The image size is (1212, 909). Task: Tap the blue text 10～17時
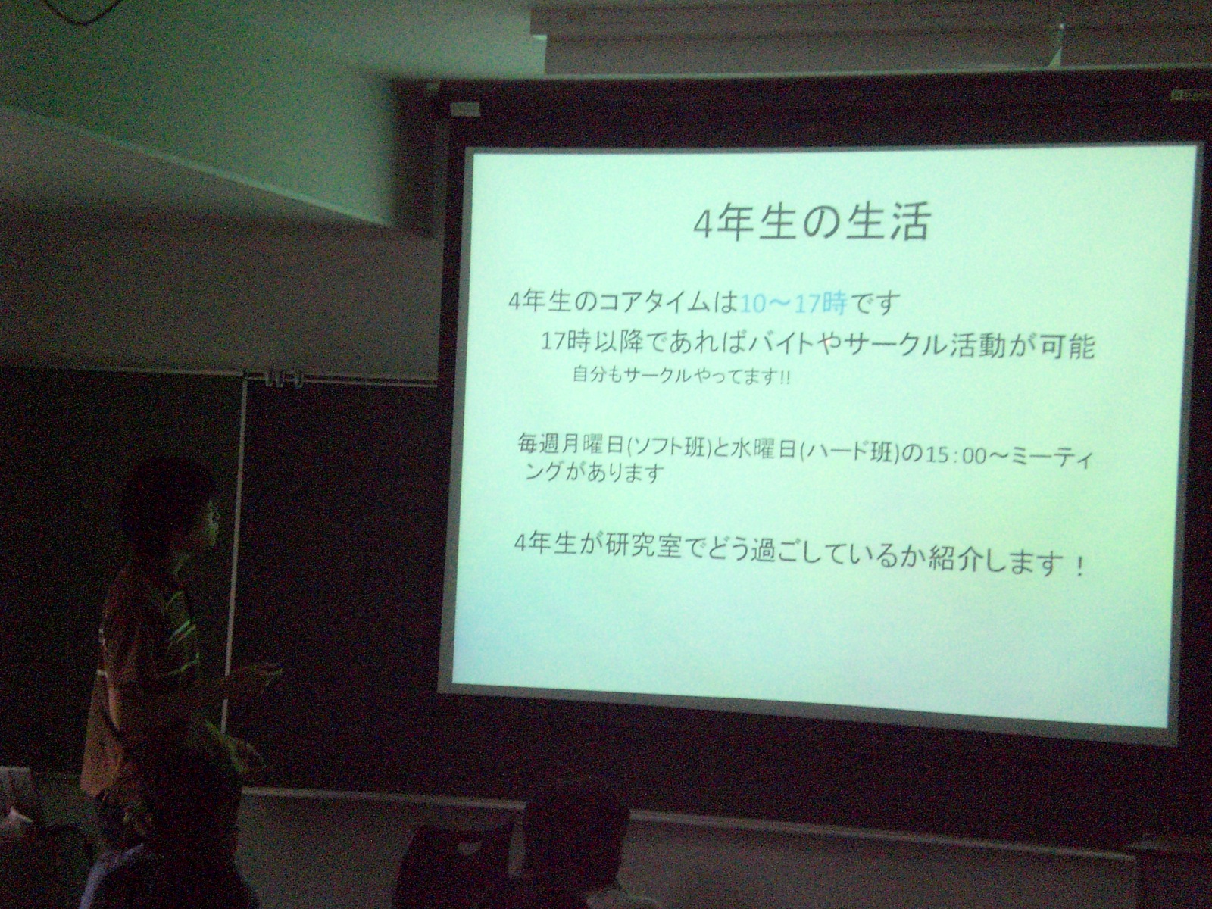792,303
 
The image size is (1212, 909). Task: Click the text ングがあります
594,473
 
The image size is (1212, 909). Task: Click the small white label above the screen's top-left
464,109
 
